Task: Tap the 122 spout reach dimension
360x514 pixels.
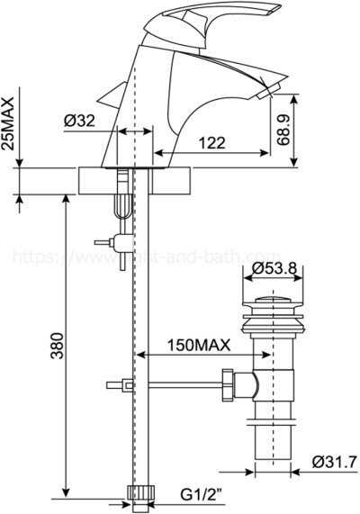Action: [x=212, y=141]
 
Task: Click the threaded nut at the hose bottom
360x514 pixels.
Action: [x=139, y=492]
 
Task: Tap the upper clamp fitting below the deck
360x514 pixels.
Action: [x=112, y=241]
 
